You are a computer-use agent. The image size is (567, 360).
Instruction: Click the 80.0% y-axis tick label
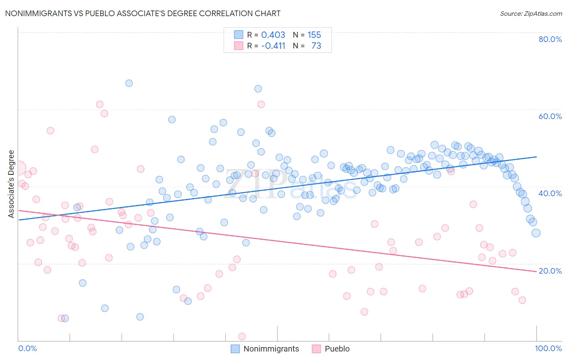point(550,39)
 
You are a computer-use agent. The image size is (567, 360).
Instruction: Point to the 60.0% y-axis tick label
point(550,116)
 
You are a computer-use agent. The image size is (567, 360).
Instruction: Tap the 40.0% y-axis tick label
point(550,193)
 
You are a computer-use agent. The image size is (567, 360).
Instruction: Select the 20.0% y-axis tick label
point(550,271)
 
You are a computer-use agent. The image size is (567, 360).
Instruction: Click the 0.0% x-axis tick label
point(27,348)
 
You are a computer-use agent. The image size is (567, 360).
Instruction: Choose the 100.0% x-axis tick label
point(548,348)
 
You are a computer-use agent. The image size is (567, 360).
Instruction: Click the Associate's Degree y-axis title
point(11,184)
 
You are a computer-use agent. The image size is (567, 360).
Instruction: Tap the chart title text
point(142,13)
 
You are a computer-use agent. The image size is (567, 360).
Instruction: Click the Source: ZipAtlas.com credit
point(531,13)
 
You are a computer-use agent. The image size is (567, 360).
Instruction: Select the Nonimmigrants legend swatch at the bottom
point(235,349)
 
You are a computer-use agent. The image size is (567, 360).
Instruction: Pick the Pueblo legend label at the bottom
point(337,349)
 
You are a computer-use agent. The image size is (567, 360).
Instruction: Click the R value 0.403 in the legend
point(273,35)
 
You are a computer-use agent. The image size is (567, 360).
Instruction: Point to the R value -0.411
point(273,46)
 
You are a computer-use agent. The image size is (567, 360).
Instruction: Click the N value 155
point(314,35)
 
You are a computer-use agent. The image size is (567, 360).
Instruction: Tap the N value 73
point(316,46)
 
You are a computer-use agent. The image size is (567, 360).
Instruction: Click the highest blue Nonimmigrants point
point(129,83)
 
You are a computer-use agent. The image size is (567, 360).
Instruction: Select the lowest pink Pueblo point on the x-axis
point(242,337)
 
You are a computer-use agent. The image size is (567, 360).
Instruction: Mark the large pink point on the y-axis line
point(19,168)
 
